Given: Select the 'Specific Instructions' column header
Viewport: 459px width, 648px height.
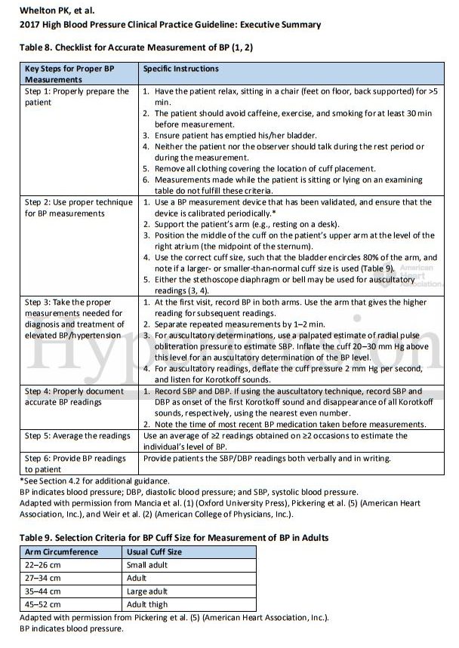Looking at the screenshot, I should [181, 69].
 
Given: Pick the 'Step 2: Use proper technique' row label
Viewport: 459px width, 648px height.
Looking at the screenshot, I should [75, 208].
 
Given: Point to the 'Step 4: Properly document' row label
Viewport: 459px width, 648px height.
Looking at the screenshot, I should [74, 392].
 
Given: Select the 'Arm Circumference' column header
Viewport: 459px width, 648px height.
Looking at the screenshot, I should [60, 551].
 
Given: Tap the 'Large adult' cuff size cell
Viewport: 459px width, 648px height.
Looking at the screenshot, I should [147, 592].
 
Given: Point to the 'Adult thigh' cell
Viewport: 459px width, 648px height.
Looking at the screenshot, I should [147, 605].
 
